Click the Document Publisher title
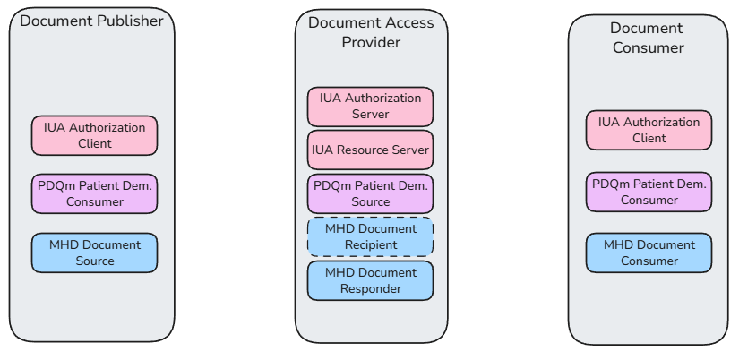pos(91,21)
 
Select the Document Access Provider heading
pos(371,32)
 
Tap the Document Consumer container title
pos(648,39)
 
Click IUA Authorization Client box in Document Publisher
pos(94,135)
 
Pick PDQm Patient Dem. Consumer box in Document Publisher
pos(94,193)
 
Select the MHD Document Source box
pos(94,253)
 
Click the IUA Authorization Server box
pos(370,107)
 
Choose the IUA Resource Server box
pos(370,150)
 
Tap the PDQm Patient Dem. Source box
pos(370,193)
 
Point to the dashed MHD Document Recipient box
pos(370,236)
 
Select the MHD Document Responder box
pos(370,280)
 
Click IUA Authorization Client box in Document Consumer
pos(649,130)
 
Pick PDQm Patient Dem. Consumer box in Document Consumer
pos(649,192)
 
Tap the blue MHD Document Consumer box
pos(649,253)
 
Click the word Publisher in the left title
pos(131,21)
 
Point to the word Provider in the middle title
pos(371,42)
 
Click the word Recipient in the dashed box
pos(371,244)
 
